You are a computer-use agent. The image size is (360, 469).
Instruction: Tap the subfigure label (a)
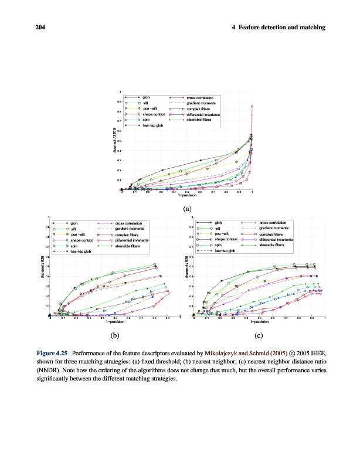coord(186,208)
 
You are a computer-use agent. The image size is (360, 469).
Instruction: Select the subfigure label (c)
coord(257,335)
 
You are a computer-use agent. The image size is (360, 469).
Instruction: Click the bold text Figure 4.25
coord(52,354)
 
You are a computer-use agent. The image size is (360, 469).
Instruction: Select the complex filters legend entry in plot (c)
coord(271,234)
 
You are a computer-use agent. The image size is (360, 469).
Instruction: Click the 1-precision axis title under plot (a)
coord(187,195)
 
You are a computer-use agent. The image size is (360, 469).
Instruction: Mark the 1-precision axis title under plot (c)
coord(259,322)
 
